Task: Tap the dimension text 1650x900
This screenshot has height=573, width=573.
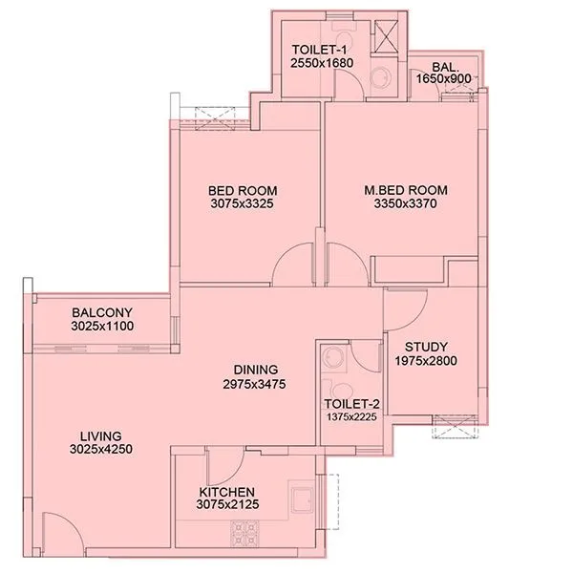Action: tap(444, 79)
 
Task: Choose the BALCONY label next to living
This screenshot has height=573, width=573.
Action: tap(101, 313)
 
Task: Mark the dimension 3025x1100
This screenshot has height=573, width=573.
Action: tap(101, 327)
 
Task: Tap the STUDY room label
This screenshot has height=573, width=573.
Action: tap(426, 347)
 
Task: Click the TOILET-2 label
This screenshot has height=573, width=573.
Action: tap(350, 403)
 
